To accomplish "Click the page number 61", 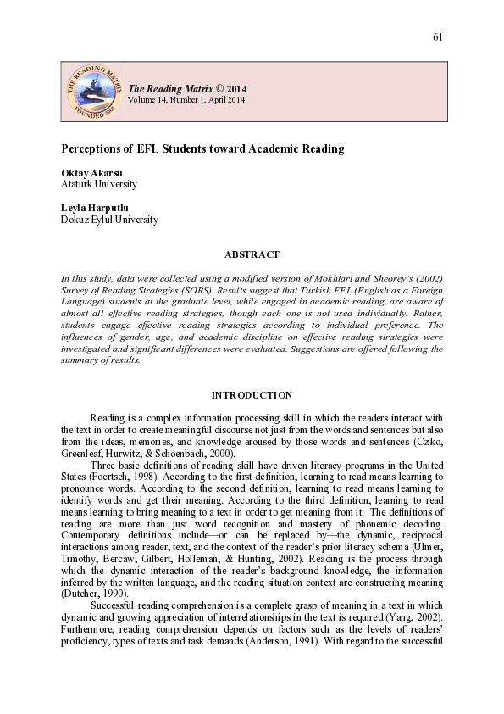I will pos(438,37).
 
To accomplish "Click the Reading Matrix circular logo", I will pos(91,91).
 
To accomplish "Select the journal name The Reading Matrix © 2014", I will pos(187,89).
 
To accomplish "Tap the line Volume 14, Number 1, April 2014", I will pos(186,100).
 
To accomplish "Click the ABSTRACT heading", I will pos(252,254).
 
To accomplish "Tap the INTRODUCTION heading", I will pos(252,395).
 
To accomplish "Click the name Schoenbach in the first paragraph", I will pos(176,454).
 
